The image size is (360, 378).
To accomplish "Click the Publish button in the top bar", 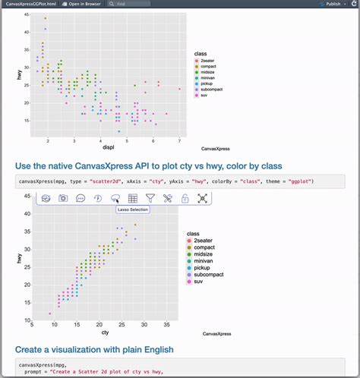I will click(x=331, y=4).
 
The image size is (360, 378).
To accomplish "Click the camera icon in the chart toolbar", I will click(x=63, y=198).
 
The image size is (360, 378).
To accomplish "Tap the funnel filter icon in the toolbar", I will click(x=150, y=198).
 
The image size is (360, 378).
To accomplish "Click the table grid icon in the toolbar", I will click(x=133, y=198).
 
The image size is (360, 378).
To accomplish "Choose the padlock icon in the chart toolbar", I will click(x=185, y=198).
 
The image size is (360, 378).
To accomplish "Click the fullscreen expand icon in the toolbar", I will click(x=203, y=198).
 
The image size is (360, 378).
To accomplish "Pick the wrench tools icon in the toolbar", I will click(x=167, y=198).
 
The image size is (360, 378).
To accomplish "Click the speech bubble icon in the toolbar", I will click(x=81, y=198).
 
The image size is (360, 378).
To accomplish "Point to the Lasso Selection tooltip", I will click(x=133, y=210).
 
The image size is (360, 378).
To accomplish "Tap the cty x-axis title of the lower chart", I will click(x=105, y=332).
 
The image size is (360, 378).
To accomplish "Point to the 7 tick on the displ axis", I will click(x=179, y=140).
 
